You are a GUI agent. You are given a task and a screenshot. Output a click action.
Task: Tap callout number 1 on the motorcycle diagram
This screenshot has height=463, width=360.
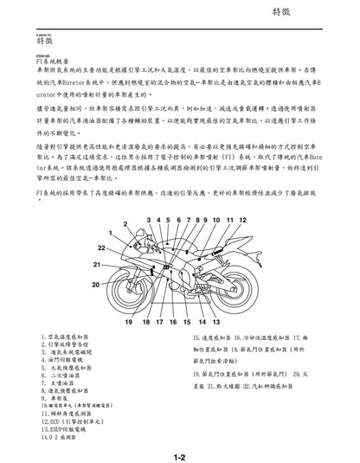tap(110, 234)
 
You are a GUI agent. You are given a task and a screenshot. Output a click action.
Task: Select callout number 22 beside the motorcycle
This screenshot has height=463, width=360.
tap(101, 248)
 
